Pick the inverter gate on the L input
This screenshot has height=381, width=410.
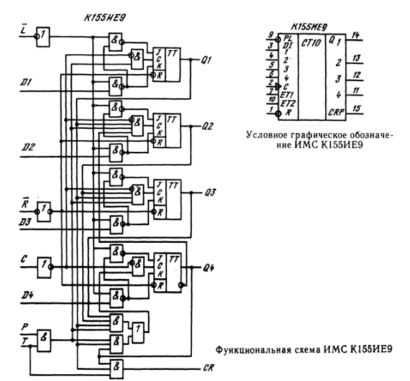click(42, 35)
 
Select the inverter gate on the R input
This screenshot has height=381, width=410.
click(42, 207)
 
